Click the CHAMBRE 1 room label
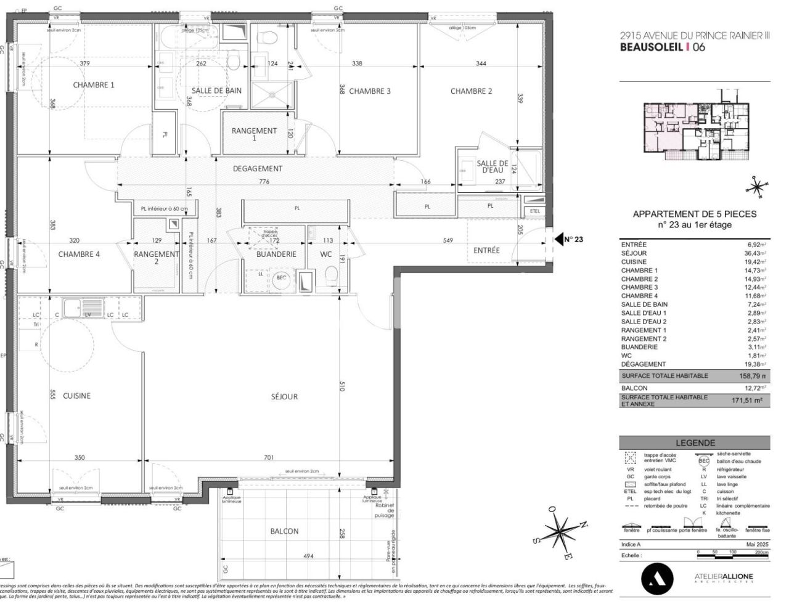tap(94, 85)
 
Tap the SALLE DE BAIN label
tap(216, 91)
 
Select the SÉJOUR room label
tap(284, 397)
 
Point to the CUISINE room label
tap(76, 396)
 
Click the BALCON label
tap(284, 531)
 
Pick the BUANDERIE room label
tap(276, 254)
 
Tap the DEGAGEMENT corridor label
tap(258, 168)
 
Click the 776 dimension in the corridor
tap(264, 182)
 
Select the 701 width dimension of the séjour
tap(268, 457)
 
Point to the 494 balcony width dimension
tap(308, 556)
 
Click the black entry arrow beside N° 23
tap(558, 239)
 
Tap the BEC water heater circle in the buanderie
tap(281, 278)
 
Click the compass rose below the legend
tap(560, 531)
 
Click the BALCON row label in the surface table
tap(634, 388)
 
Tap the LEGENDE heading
tap(695, 442)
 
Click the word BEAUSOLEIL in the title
tap(651, 47)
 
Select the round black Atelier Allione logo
tap(657, 579)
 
